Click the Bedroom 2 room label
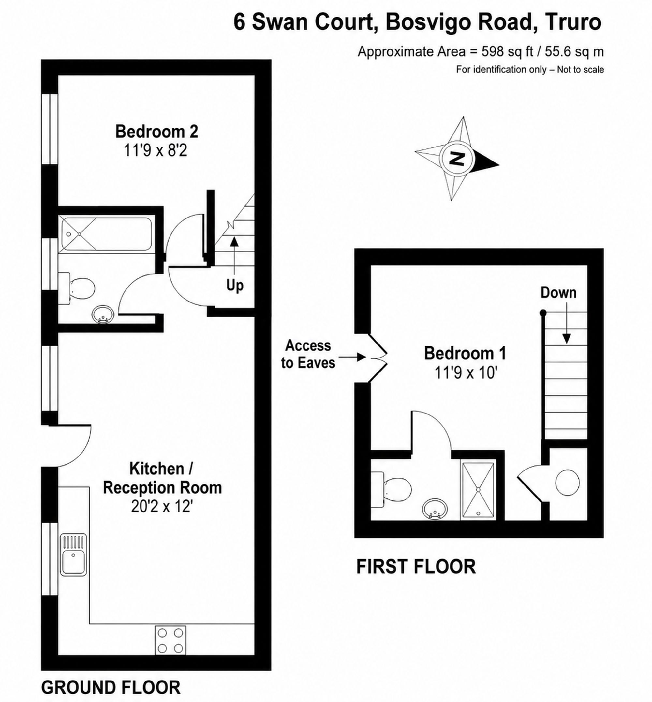(157, 132)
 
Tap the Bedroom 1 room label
(465, 354)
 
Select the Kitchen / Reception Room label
(162, 478)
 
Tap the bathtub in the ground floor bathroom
(106, 234)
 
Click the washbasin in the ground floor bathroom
(103, 314)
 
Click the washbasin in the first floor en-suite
(435, 509)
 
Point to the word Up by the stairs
(235, 285)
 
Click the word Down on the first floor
(558, 293)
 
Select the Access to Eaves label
(308, 354)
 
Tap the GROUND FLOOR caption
(111, 685)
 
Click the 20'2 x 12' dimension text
(162, 507)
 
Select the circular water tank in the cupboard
(567, 483)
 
